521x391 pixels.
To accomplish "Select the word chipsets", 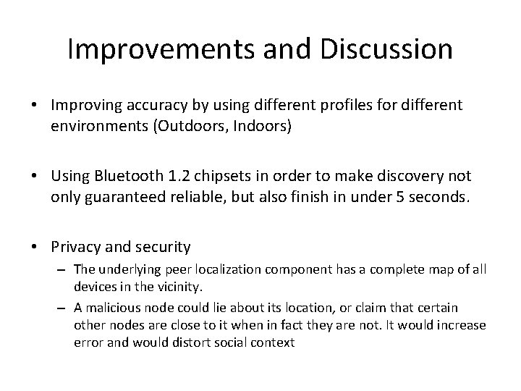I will tap(221, 176).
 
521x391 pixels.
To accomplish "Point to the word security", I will tap(161, 247).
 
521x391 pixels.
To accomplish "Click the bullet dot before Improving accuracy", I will tap(35, 106).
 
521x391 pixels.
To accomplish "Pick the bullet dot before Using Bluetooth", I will tap(35, 177).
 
